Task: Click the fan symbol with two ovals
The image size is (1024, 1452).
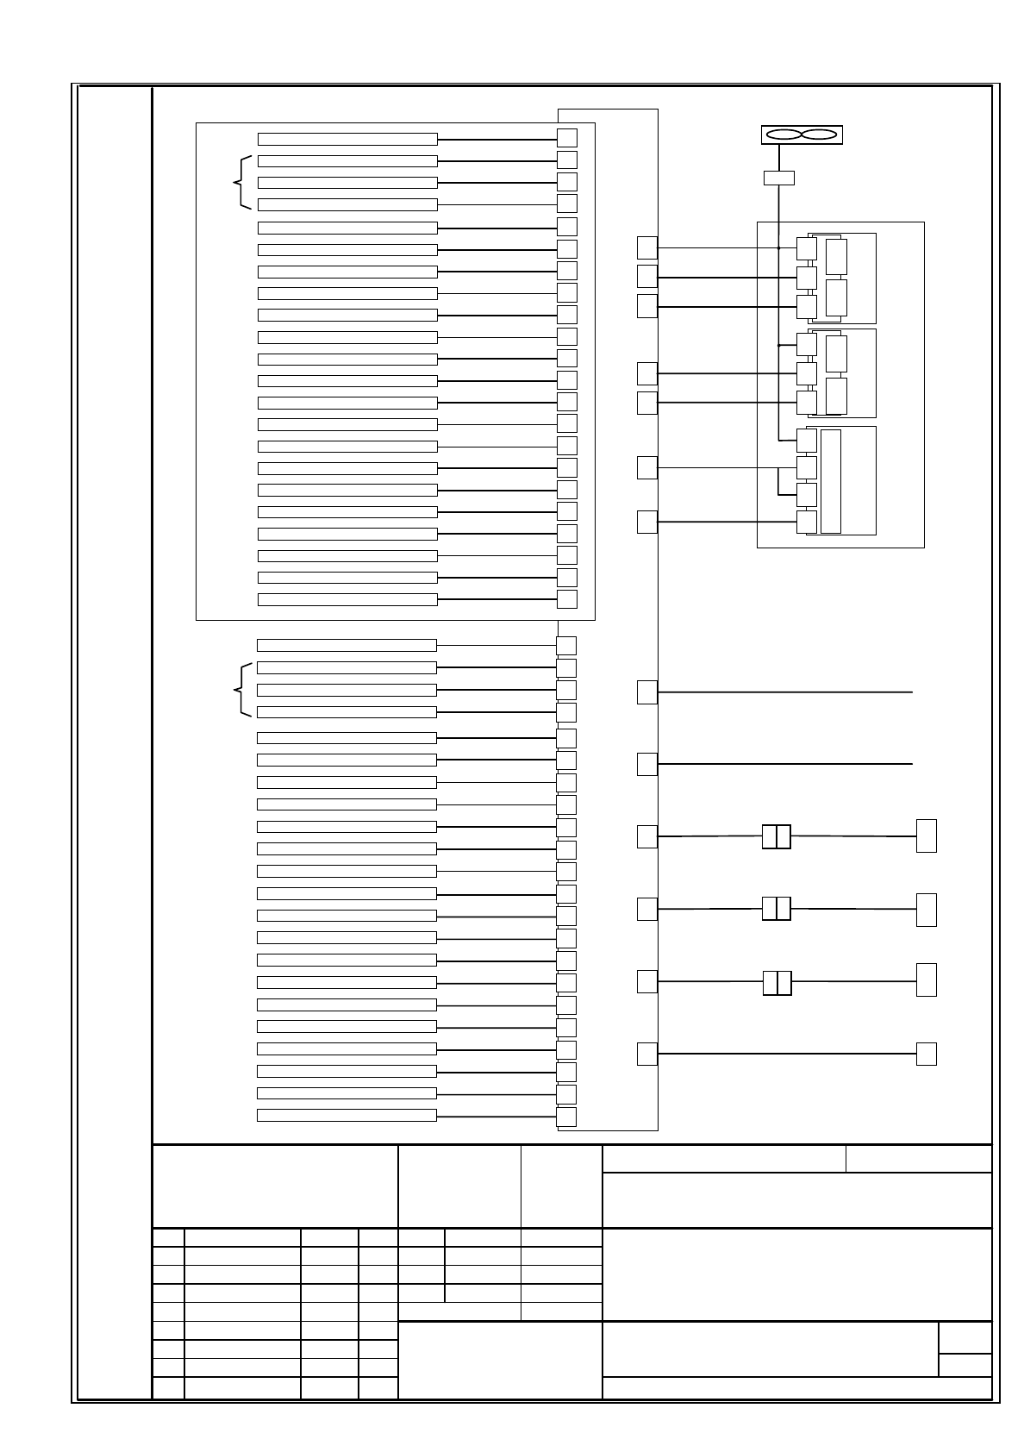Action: [802, 135]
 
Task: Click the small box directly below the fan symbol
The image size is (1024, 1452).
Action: [779, 178]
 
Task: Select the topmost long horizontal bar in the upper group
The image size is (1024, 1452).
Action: [347, 140]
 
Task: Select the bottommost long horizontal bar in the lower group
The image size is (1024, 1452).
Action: [347, 1115]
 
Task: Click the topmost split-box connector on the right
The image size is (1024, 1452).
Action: [777, 836]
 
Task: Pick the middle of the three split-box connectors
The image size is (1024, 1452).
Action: [777, 909]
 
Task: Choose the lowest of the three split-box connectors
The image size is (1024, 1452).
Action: [777, 982]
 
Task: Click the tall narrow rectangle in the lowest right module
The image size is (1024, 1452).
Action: [831, 481]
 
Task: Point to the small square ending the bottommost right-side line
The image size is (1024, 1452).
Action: [927, 1054]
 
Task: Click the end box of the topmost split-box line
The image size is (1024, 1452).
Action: [927, 836]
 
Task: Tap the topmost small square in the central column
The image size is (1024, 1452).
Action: [567, 138]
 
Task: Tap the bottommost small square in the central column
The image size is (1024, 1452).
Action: [566, 1117]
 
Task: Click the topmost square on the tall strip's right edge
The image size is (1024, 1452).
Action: [647, 247]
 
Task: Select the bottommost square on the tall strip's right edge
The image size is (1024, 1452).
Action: [647, 1054]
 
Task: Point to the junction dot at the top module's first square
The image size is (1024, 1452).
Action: [779, 248]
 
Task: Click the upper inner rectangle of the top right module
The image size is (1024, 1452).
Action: [836, 257]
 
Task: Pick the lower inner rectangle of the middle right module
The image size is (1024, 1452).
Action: [836, 396]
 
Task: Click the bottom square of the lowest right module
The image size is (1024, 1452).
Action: [807, 522]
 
